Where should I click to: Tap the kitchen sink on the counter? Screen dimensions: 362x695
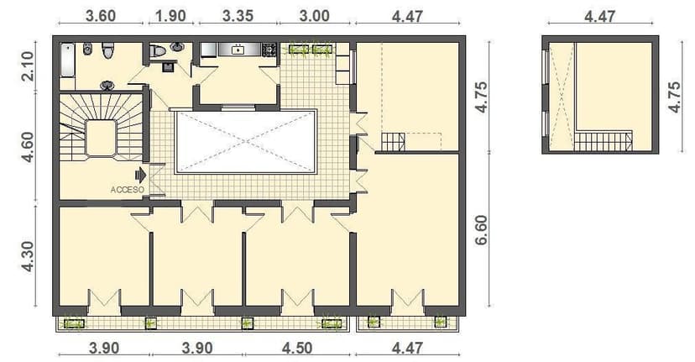point(238,50)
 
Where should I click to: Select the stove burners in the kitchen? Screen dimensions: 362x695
point(269,50)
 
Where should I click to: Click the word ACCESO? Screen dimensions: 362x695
point(127,190)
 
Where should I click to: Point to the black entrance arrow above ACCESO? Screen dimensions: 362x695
point(140,175)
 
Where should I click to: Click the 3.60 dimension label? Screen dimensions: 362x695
point(101,16)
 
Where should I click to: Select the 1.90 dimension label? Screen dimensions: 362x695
point(172,16)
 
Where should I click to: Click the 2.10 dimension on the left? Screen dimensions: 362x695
point(28,66)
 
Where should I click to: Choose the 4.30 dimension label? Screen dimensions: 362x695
point(28,256)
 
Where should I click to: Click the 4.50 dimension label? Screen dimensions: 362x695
point(297,348)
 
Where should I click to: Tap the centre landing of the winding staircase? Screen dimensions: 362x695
point(101,138)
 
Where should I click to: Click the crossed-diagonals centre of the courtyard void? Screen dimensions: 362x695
point(245,141)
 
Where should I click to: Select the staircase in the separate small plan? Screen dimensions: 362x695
point(601,140)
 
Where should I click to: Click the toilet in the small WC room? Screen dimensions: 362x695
point(157,51)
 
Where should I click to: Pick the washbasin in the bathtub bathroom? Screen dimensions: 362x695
point(108,84)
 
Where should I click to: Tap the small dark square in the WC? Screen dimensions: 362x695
point(167,66)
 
